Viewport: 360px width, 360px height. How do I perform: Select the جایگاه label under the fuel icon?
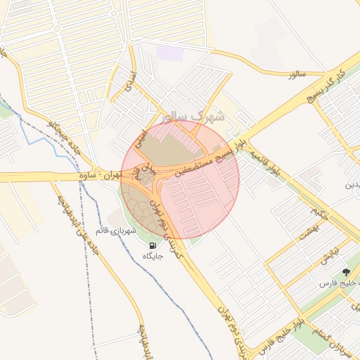point(153,256)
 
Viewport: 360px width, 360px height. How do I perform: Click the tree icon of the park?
point(345,272)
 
